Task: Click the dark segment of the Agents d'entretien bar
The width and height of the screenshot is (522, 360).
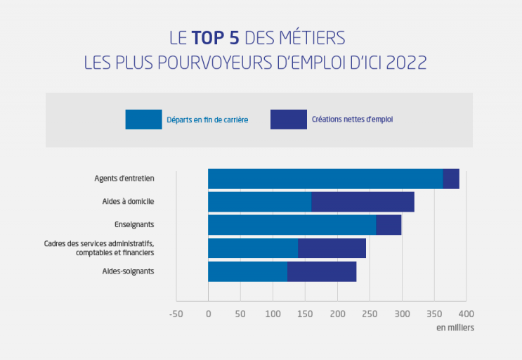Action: [451, 179]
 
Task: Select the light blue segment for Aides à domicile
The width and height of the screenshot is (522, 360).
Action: [259, 202]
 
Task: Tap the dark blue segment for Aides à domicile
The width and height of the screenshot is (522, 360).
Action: [363, 202]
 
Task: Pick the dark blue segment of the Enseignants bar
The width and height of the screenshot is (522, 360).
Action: [389, 225]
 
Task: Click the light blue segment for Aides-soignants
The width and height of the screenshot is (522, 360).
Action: [247, 271]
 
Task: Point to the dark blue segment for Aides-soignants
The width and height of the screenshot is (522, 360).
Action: [322, 271]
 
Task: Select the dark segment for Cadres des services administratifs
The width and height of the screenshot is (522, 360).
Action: [332, 248]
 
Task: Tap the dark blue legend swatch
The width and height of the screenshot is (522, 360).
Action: [288, 120]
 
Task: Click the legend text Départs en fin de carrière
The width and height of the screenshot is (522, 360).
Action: [207, 120]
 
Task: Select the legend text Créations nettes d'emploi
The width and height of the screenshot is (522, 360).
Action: [352, 120]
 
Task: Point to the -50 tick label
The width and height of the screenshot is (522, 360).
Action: [176, 314]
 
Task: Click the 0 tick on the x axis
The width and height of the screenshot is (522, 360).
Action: [208, 314]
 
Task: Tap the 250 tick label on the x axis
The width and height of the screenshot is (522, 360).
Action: [370, 314]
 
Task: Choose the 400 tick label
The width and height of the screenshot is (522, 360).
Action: [466, 314]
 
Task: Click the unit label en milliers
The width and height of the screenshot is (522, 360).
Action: [455, 328]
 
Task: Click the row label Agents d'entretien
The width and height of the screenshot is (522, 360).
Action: [124, 179]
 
